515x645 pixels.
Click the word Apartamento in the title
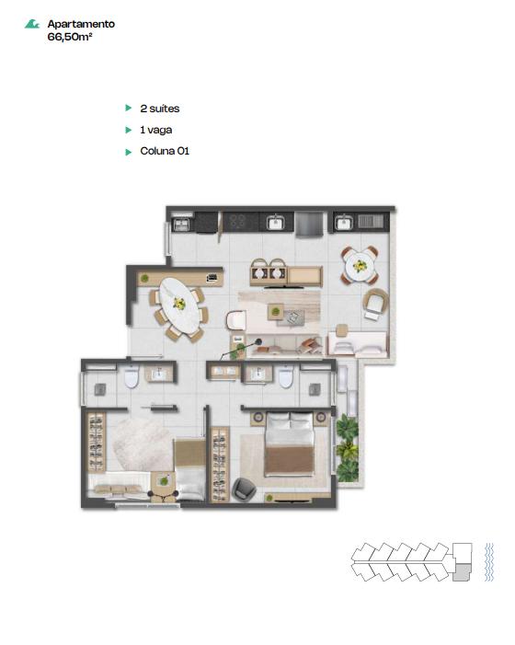(x=81, y=24)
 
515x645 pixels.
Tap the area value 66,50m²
(x=70, y=37)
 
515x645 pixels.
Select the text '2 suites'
(x=159, y=109)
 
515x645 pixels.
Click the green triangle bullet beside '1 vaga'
(x=128, y=130)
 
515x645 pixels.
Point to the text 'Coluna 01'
(x=165, y=151)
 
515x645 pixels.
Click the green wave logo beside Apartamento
(x=31, y=24)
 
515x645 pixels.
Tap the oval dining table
(x=179, y=305)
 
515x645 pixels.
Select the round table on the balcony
(x=360, y=266)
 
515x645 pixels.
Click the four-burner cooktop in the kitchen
(x=238, y=222)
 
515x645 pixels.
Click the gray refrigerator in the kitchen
(x=310, y=225)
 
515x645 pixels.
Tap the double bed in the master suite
(x=290, y=443)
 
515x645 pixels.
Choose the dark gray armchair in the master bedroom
(x=244, y=490)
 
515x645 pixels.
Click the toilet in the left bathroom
(x=132, y=377)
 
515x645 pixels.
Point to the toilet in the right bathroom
(x=286, y=377)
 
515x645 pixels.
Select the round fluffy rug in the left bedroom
(x=142, y=444)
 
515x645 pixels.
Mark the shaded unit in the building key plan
(x=461, y=571)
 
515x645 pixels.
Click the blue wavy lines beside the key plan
(x=488, y=562)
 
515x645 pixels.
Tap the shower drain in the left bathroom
(x=100, y=389)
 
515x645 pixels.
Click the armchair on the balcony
(x=375, y=304)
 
